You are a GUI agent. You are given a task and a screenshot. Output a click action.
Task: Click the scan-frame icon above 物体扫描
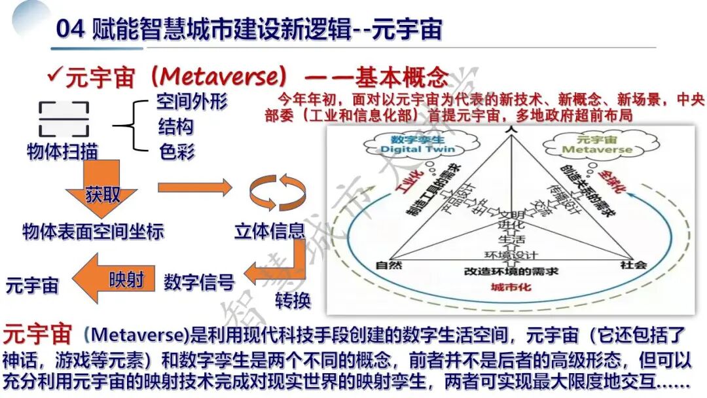click(x=63, y=118)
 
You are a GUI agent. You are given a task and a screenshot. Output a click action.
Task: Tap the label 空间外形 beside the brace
click(x=192, y=101)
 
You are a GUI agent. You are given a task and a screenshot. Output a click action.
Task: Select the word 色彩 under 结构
click(x=176, y=152)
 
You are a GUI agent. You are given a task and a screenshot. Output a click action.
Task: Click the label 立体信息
click(x=269, y=230)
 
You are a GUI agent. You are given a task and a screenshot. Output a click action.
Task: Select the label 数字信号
click(x=199, y=282)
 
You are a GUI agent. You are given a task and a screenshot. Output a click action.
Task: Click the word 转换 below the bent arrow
click(x=293, y=300)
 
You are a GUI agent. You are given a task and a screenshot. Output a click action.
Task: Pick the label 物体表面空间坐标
click(x=93, y=231)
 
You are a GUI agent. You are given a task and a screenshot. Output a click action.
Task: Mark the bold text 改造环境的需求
click(x=511, y=271)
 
